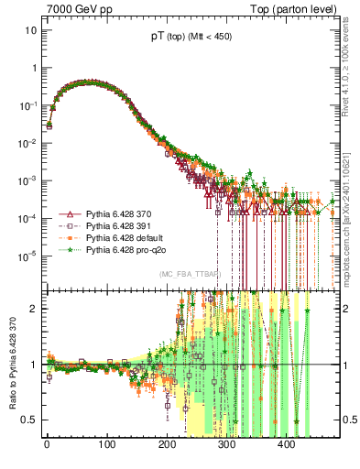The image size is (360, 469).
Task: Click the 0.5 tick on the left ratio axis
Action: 28,420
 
